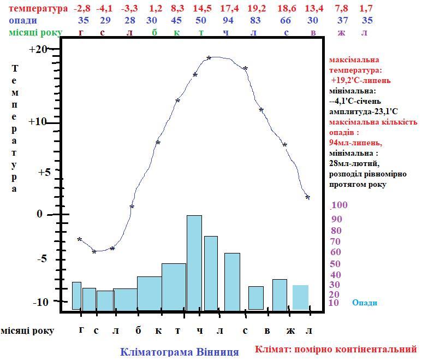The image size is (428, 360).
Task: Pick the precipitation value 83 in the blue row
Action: click(x=255, y=20)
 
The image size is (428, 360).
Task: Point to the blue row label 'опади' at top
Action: click(x=23, y=20)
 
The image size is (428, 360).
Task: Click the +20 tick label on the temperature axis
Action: click(x=38, y=49)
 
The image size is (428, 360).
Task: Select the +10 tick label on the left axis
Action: click(x=38, y=121)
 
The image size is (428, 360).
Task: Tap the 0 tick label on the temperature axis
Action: click(x=39, y=214)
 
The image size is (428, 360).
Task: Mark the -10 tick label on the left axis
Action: click(x=42, y=302)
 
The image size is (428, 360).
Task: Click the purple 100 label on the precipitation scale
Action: click(x=340, y=205)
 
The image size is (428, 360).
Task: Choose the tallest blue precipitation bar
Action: click(x=194, y=263)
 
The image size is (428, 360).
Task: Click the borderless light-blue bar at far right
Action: click(x=300, y=297)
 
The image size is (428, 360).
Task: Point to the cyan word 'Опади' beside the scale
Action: click(x=365, y=303)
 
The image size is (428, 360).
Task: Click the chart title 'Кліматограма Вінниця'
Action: click(x=179, y=352)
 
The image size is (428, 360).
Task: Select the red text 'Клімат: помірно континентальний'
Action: click(x=336, y=349)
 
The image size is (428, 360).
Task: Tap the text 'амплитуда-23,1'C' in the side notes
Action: click(x=364, y=111)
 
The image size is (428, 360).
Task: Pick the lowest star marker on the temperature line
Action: click(x=94, y=252)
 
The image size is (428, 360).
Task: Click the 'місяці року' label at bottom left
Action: click(x=27, y=331)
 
